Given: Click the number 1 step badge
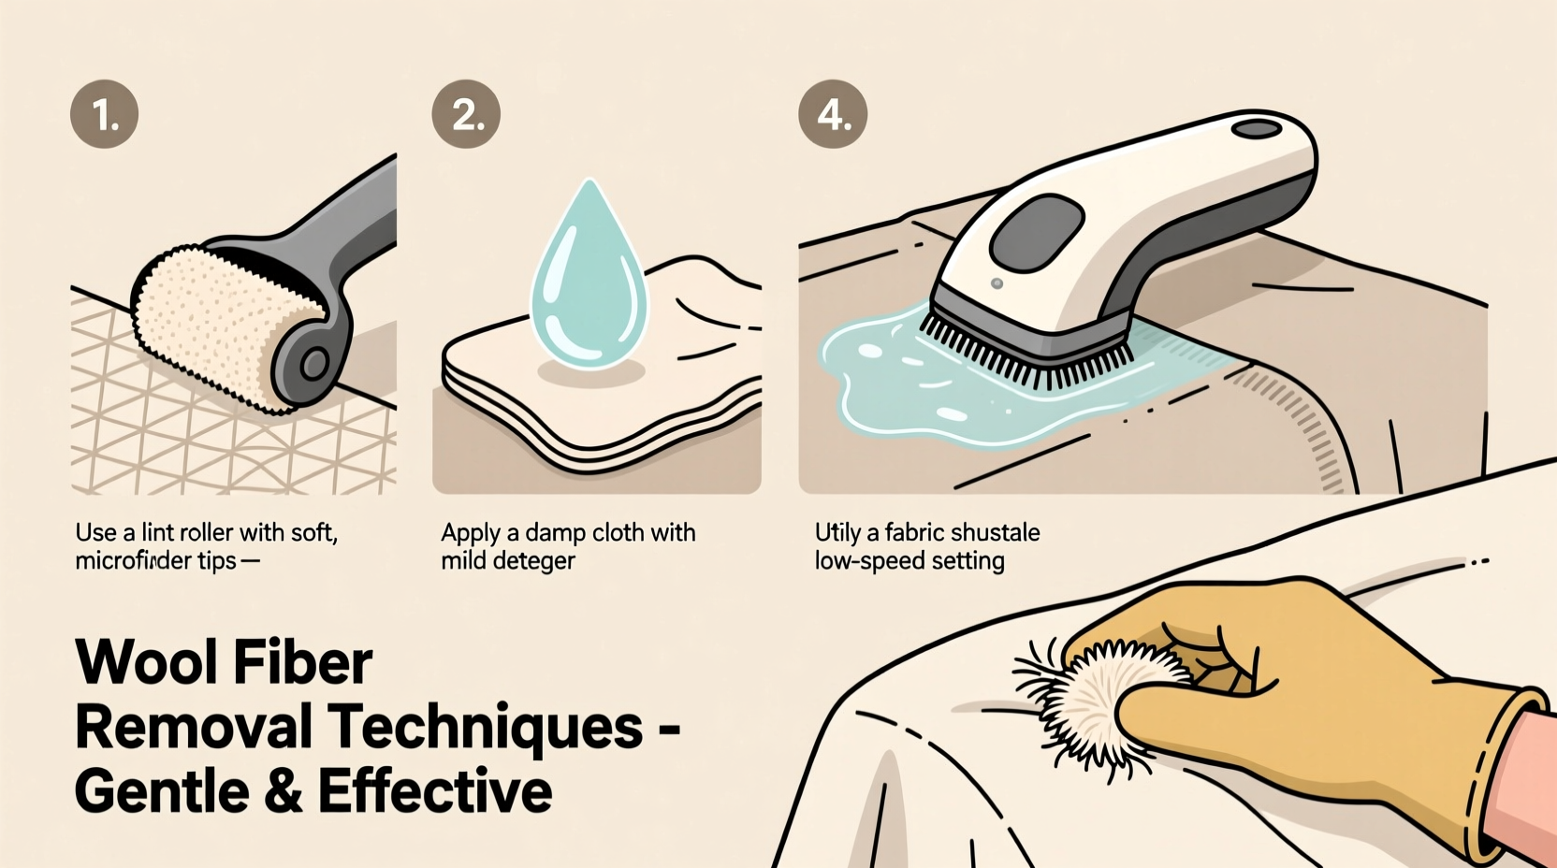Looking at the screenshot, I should [x=105, y=114].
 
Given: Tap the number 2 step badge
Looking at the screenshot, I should [x=466, y=114].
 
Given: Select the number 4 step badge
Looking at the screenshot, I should [x=833, y=114].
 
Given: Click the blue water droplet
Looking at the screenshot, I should [x=589, y=281].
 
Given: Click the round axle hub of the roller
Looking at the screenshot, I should [x=313, y=364].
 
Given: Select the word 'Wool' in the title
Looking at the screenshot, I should [x=145, y=662].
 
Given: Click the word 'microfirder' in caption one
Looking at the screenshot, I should [x=134, y=561].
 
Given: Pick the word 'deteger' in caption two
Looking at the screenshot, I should [x=536, y=561].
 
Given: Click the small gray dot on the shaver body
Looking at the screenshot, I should [x=997, y=283].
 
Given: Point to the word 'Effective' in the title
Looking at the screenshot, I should [x=435, y=791].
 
